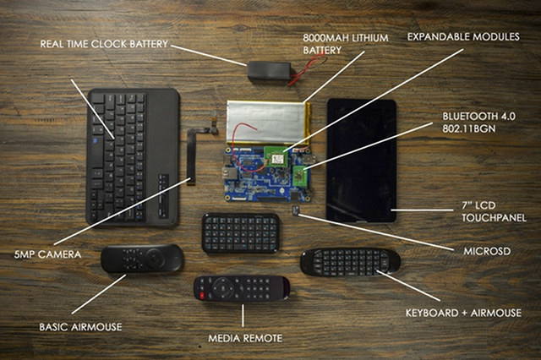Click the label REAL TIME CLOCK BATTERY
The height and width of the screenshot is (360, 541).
[104, 44]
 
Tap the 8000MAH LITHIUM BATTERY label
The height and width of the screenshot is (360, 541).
[346, 44]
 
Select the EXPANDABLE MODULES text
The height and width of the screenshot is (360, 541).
[463, 36]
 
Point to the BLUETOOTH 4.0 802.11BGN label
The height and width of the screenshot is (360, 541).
[479, 123]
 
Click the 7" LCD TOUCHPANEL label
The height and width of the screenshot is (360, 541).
[494, 212]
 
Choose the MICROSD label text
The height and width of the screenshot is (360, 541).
[487, 251]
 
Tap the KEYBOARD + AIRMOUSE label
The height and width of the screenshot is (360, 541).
[463, 313]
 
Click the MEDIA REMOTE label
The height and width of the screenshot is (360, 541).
[245, 338]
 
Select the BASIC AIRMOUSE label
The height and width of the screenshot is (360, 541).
[80, 327]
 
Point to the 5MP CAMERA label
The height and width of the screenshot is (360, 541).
[47, 254]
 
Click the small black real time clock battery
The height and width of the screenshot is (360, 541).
[270, 72]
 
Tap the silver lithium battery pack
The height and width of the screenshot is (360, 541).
[269, 122]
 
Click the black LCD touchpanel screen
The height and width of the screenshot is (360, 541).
[361, 161]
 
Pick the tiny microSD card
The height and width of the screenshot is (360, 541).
[295, 210]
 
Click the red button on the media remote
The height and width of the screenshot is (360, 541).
[201, 295]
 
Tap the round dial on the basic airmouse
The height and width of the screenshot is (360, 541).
[156, 257]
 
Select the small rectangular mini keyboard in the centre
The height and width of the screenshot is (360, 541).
[241, 233]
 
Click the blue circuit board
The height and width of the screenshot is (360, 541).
[268, 174]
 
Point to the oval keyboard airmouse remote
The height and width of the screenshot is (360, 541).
[350, 263]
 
